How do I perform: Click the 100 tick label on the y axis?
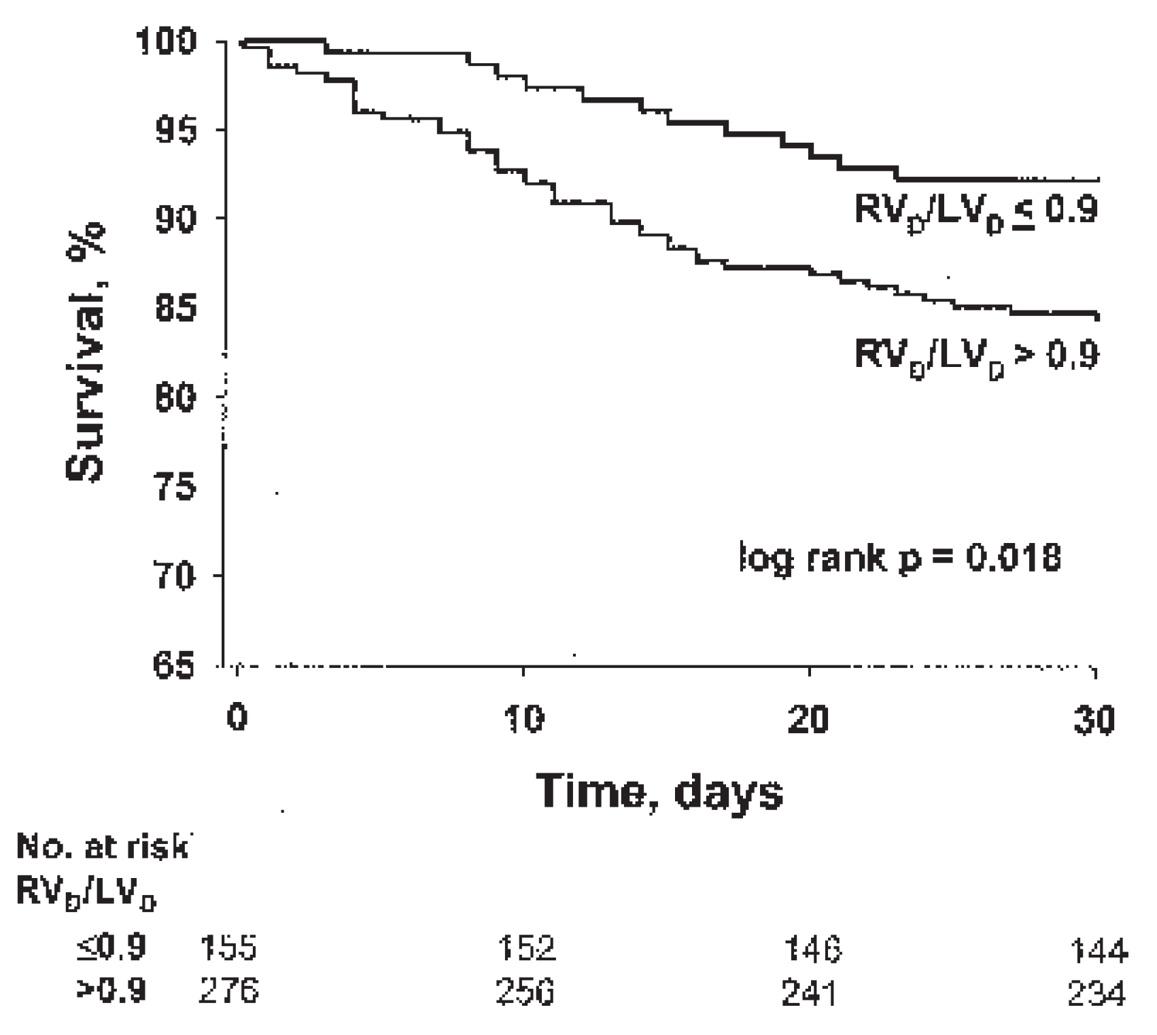[167, 42]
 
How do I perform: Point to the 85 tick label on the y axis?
[176, 308]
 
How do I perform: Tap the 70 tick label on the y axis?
[176, 576]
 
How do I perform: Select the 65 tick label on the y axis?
[175, 665]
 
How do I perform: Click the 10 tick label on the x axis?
[524, 718]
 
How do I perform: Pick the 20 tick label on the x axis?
[809, 718]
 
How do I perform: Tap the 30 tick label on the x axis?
[1094, 718]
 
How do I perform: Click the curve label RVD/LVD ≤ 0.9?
[976, 211]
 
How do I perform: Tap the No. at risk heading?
[102, 847]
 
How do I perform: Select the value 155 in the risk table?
[228, 947]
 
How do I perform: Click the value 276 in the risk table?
[228, 992]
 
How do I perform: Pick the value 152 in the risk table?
[525, 947]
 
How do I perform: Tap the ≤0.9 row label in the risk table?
[111, 947]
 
